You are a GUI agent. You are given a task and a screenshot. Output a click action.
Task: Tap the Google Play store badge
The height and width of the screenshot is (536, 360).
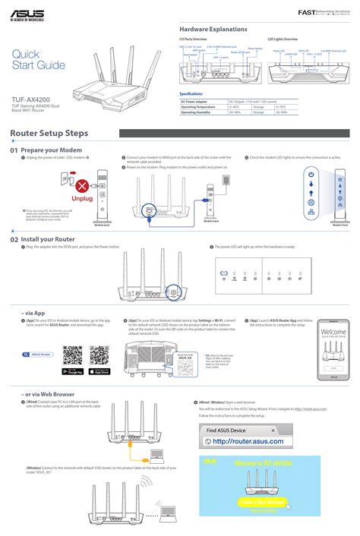point(73,372)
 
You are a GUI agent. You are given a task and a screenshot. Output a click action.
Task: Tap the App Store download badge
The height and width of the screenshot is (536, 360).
point(100,372)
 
